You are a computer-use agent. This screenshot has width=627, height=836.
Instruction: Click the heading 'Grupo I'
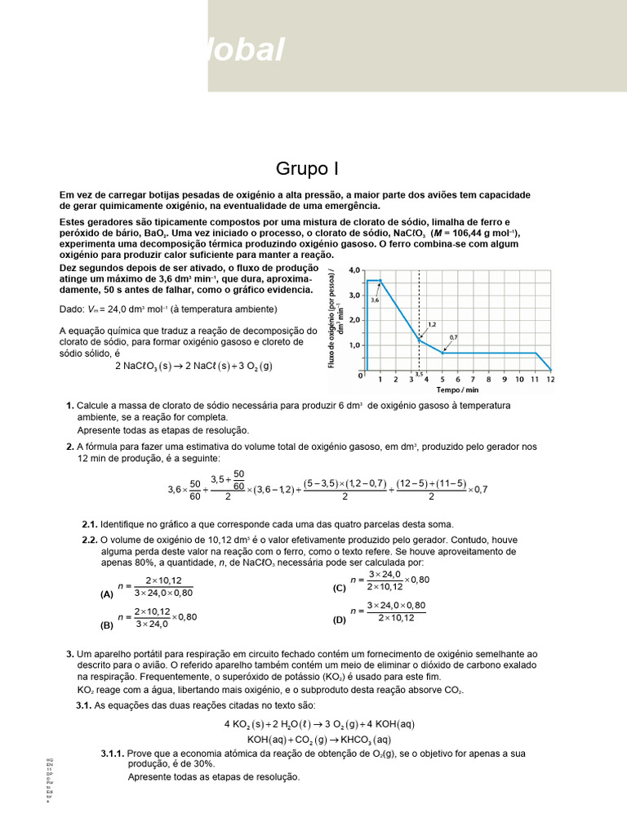(306, 169)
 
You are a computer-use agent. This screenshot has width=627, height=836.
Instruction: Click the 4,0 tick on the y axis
(354, 269)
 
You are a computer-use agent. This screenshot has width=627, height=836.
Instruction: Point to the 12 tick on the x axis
(550, 379)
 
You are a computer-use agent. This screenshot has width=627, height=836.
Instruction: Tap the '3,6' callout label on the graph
(375, 300)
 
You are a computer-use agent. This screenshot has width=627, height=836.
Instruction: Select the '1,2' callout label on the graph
(431, 324)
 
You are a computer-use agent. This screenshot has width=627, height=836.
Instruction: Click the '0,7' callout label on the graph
(453, 337)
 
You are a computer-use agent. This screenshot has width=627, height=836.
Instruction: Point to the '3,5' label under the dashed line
(419, 374)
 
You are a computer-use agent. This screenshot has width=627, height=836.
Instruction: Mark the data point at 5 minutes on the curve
(443, 353)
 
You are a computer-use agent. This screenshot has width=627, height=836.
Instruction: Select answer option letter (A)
(107, 595)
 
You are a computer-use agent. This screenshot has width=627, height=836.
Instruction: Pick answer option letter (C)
(340, 588)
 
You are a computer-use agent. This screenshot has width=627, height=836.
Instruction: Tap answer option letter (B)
(107, 626)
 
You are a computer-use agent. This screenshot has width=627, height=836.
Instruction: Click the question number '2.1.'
(90, 524)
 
